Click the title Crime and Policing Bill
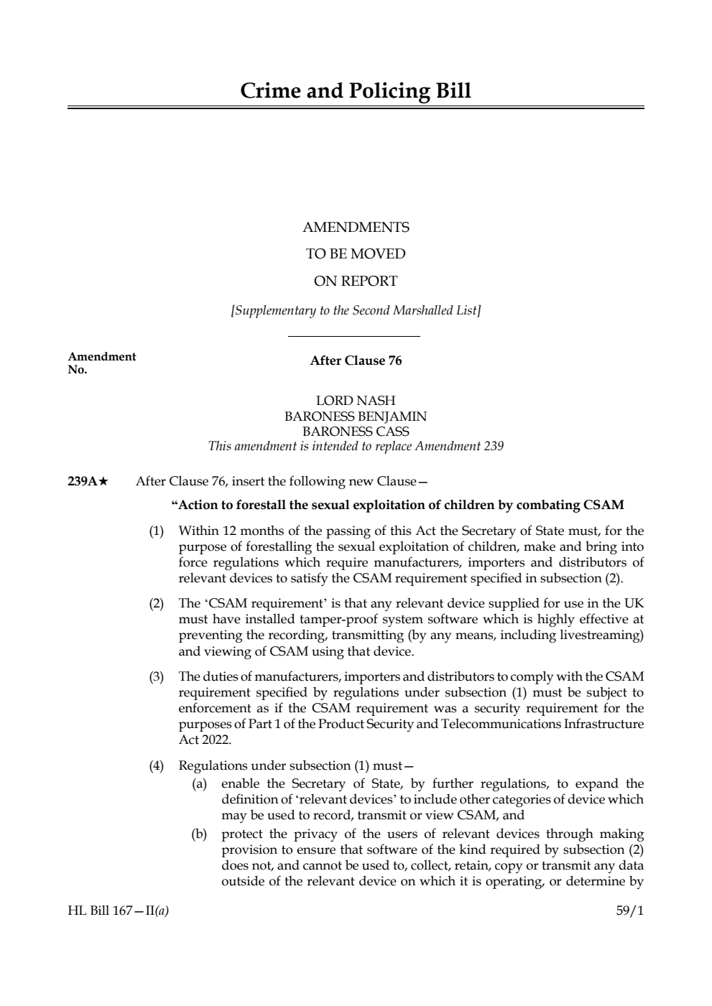(356, 91)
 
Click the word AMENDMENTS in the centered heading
(356, 228)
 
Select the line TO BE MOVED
(356, 254)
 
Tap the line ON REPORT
(356, 281)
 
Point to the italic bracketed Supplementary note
(356, 310)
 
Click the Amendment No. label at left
(101, 363)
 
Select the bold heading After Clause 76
(356, 360)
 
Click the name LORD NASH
(356, 401)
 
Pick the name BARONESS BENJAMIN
(356, 416)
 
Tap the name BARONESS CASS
(356, 432)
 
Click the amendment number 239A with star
(88, 482)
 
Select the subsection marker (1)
(156, 531)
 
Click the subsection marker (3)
(156, 676)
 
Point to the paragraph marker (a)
(199, 783)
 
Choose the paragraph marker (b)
(199, 834)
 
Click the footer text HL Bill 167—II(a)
(119, 911)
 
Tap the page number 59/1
(630, 911)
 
